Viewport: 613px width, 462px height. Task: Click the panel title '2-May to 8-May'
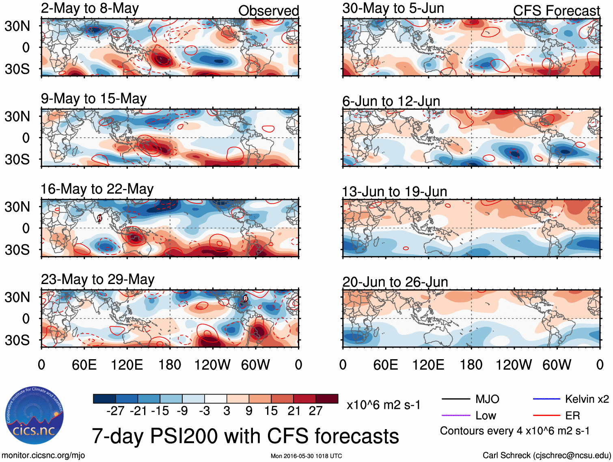point(90,9)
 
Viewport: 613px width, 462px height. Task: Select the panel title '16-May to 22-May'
point(97,189)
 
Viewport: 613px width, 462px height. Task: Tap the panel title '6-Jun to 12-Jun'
point(391,101)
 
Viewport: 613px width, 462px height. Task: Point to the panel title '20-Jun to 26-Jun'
point(395,282)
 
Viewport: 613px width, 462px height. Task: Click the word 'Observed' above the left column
point(268,11)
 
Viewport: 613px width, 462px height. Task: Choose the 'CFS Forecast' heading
point(556,11)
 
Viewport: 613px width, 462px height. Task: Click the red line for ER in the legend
point(546,415)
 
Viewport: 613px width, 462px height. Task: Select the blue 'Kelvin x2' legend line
point(546,399)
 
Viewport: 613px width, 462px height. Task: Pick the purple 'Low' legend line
point(455,415)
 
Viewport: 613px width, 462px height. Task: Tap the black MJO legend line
point(455,399)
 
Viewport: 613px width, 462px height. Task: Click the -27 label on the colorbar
point(115,411)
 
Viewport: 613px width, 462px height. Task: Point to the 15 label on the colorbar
point(271,411)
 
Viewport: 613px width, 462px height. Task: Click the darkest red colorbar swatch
point(327,399)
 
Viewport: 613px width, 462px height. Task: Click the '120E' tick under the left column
point(127,364)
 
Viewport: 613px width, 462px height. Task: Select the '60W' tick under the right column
point(557,364)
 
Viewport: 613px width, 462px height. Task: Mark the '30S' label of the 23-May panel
point(17,340)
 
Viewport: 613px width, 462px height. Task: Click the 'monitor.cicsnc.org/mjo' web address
point(43,455)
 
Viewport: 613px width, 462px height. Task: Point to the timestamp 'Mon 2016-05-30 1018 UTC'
point(306,456)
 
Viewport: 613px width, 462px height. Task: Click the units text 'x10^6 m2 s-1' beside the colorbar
point(383,405)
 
